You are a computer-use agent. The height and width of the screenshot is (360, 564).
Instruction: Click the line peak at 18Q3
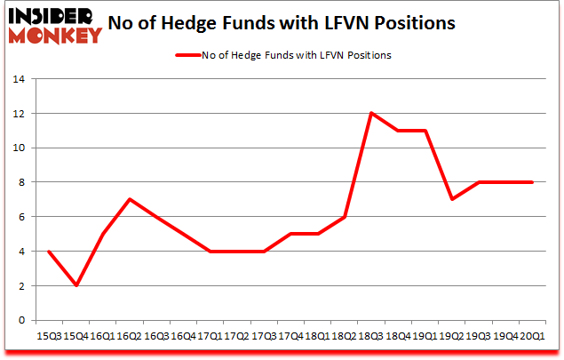[371, 113]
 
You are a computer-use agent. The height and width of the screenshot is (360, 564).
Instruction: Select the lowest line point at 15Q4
[75, 285]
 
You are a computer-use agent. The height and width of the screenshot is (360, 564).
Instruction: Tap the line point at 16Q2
[131, 199]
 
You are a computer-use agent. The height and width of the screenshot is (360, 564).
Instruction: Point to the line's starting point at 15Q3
[49, 251]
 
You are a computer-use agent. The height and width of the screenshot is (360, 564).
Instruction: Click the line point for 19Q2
[452, 199]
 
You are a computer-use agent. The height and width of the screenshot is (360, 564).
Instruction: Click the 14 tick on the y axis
[24, 79]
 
